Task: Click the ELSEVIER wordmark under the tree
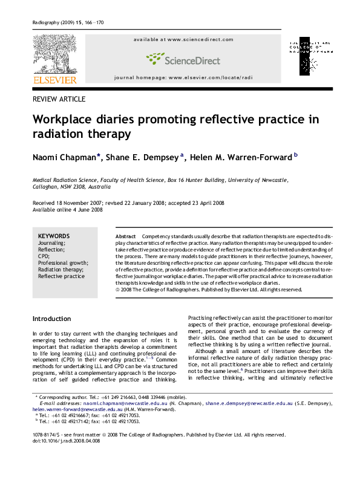point(54,80)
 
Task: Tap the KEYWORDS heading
point(53,236)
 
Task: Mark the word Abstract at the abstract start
point(125,234)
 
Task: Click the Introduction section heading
point(51,319)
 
